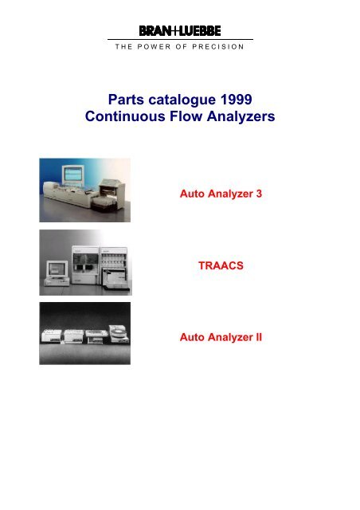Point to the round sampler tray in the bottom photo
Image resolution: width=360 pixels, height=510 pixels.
click(115, 331)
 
